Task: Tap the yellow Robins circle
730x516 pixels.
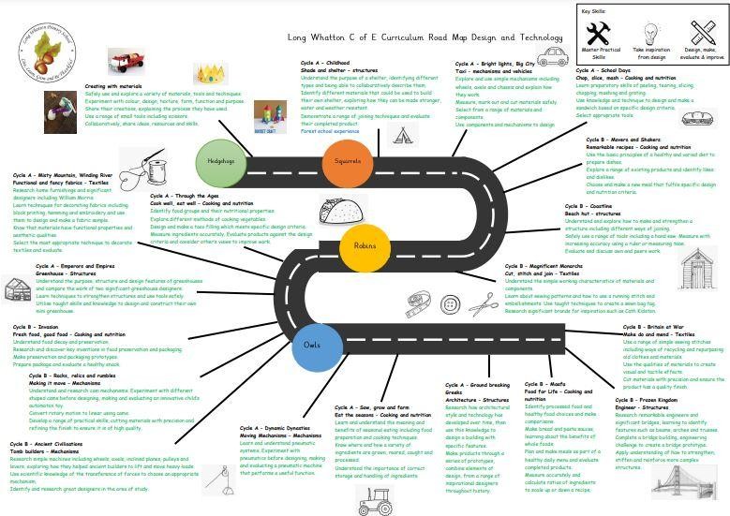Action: coord(365,245)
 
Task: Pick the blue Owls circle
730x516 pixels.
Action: coord(311,346)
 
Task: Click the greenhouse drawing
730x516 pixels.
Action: coord(18,287)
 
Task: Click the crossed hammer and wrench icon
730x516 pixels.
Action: coord(596,33)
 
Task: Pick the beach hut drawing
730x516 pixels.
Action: coord(698,268)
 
